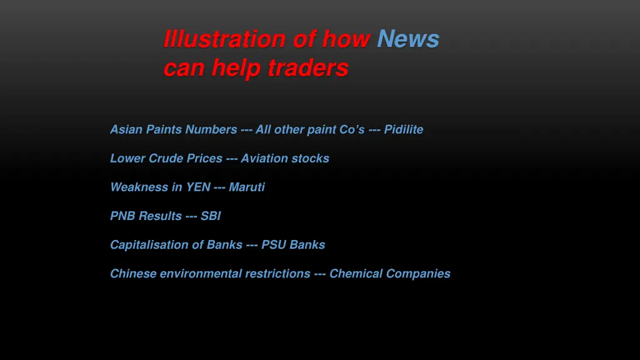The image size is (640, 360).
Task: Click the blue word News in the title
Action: click(408, 39)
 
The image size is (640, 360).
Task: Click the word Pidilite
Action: click(404, 129)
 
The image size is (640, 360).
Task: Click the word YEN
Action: click(197, 187)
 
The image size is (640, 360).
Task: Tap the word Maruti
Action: click(247, 187)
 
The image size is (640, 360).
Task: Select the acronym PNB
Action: click(123, 216)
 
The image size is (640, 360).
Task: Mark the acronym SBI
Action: click(211, 216)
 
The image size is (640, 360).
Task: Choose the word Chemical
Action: click(356, 273)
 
